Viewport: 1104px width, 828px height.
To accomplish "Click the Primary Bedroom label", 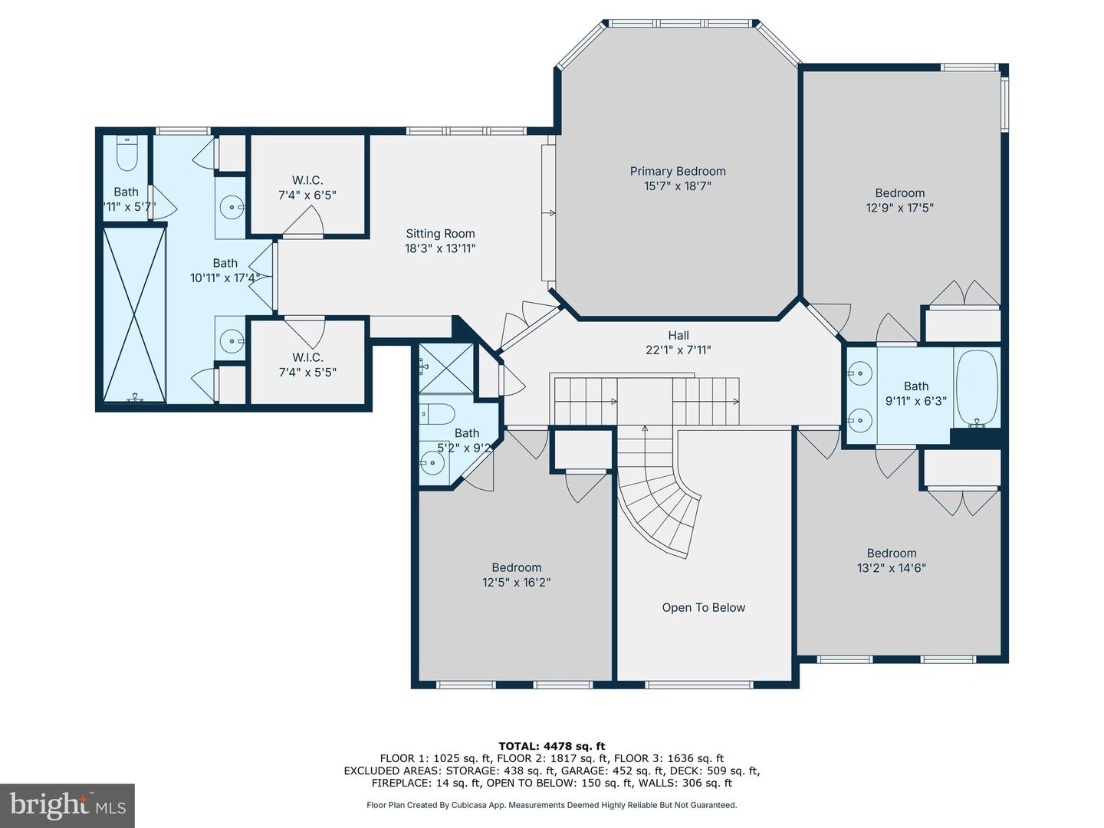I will click(678, 171).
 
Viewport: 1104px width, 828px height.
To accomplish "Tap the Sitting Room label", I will click(440, 234).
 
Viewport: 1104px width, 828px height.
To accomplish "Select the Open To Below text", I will click(703, 607).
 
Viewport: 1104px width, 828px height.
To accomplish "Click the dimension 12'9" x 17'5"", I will click(900, 208).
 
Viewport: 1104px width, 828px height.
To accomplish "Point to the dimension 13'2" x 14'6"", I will click(892, 568).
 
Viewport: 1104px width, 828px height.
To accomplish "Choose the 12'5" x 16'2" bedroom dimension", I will click(516, 582).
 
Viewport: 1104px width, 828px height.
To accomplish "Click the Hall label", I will click(678, 335).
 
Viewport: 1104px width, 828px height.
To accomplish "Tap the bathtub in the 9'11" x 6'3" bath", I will click(977, 387).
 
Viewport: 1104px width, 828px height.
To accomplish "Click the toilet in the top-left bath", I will click(126, 156).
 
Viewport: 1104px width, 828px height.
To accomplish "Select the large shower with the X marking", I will click(134, 314).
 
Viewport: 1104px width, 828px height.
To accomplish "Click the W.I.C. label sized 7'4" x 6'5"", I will click(307, 180).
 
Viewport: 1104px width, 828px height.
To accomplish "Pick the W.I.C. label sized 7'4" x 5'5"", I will click(307, 357).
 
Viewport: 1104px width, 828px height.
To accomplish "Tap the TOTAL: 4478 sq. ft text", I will click(551, 745).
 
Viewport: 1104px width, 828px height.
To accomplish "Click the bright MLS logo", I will click(67, 805).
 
